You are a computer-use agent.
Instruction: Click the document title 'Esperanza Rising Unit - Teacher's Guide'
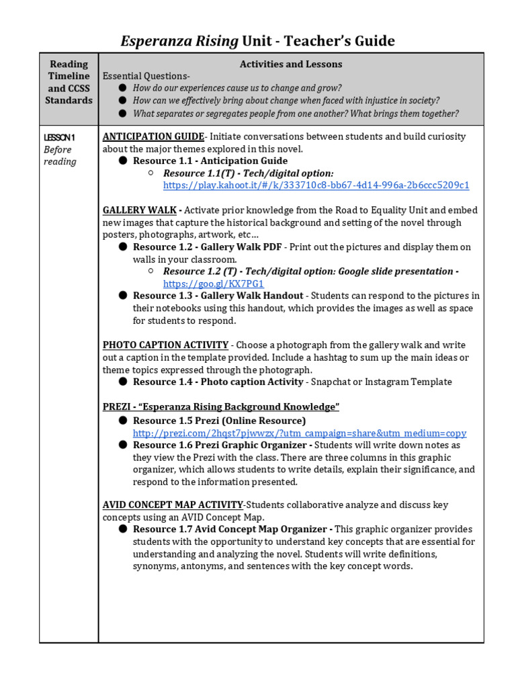(257, 42)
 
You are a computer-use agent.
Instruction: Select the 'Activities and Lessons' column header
(290, 64)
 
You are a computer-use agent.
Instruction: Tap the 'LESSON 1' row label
(59, 137)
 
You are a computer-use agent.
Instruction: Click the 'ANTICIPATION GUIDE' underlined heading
(153, 136)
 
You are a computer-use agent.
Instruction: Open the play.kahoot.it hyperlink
(316, 185)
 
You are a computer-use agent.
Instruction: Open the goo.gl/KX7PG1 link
(214, 284)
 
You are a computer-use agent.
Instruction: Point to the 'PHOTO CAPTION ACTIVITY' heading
(165, 345)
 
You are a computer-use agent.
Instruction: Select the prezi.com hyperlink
(299, 433)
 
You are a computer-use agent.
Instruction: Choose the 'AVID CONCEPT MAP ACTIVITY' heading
(173, 505)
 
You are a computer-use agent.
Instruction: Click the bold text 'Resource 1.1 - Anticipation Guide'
(210, 161)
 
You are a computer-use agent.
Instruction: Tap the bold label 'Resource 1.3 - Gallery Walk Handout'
(218, 296)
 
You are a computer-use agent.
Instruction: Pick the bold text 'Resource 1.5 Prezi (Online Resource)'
(219, 421)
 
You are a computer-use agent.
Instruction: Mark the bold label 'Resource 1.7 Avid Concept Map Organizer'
(232, 529)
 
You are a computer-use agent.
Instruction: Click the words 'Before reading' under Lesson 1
(60, 155)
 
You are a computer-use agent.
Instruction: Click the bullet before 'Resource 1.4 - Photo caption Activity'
(123, 382)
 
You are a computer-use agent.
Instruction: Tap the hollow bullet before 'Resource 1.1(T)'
(151, 173)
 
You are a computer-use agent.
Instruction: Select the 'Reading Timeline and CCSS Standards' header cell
(69, 82)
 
